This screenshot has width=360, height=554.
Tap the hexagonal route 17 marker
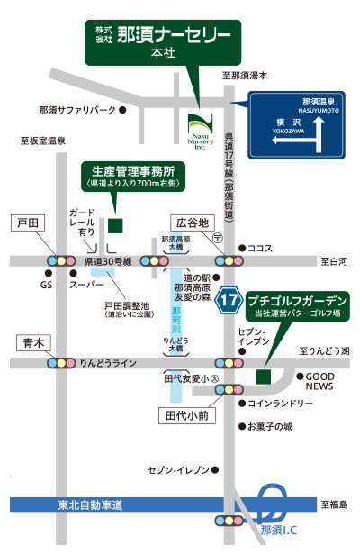click(229, 298)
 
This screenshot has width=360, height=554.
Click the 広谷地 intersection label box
click(191, 222)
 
